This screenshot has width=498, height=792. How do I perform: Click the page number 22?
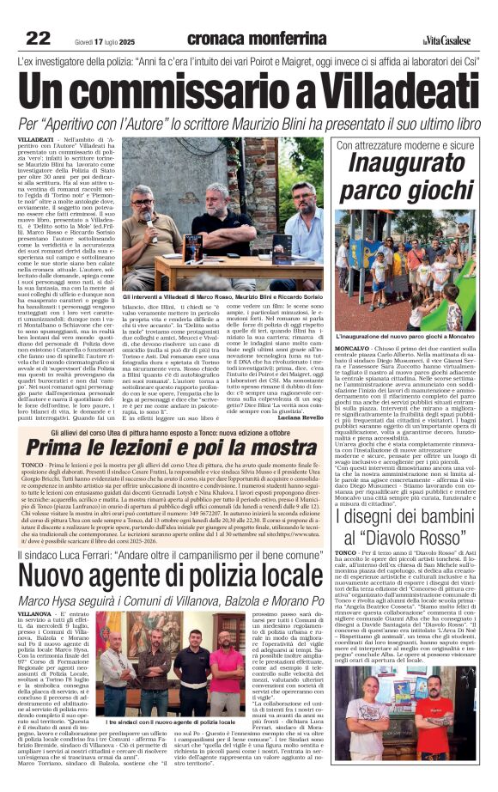coord(39,37)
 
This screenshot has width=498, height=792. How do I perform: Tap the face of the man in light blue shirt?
coord(143,200)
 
